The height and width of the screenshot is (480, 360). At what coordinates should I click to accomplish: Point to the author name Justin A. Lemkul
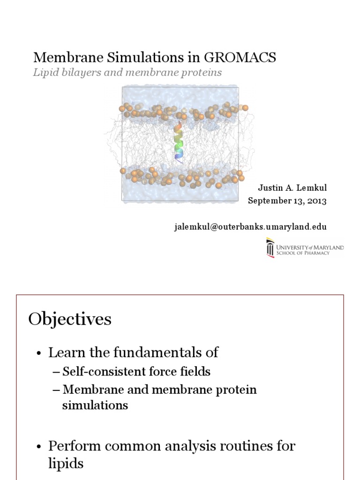(292, 188)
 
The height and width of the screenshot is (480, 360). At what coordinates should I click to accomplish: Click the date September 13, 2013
(287, 201)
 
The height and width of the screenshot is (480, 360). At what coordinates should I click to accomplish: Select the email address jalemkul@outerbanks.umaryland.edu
(251, 227)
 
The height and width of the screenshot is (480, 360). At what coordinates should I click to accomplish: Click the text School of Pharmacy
(303, 253)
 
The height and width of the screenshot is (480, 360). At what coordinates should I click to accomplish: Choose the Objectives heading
(70, 319)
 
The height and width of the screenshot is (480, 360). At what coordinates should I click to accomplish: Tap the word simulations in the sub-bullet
(95, 405)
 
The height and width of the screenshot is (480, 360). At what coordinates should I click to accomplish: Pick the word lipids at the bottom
(66, 464)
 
